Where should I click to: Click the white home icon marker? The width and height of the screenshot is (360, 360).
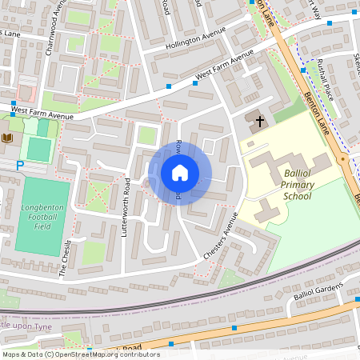[180, 172]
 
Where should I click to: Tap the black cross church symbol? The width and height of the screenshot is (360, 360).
[258, 122]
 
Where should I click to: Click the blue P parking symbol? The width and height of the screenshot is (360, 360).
[20, 166]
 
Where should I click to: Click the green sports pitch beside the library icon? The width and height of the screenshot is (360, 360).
[38, 149]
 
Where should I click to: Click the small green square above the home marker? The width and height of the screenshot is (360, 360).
[146, 135]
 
